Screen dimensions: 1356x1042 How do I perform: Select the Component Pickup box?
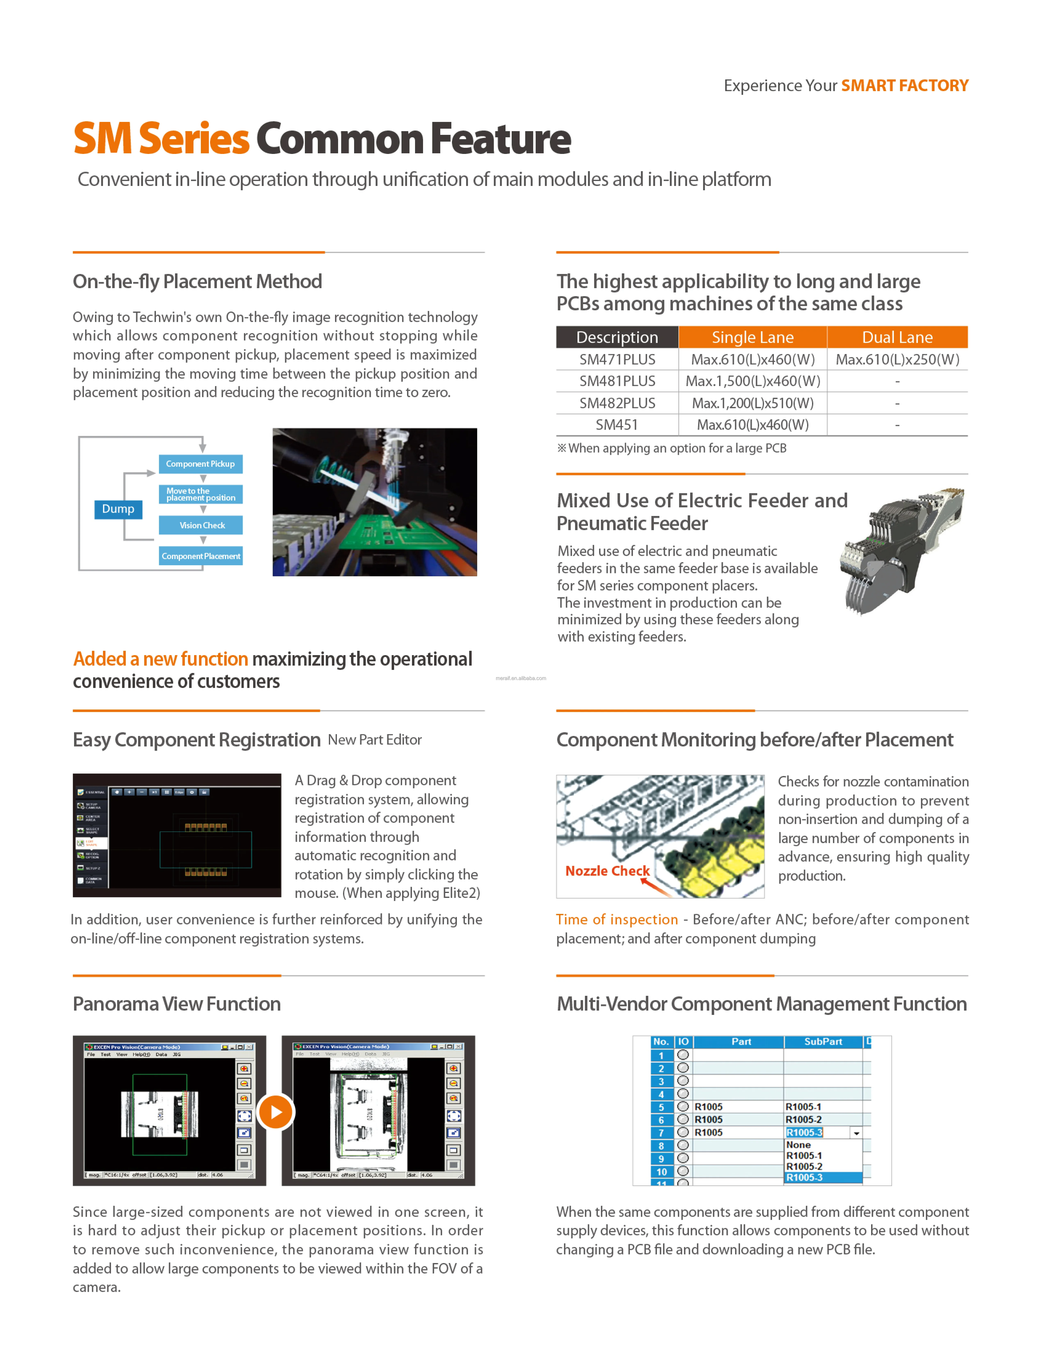coord(200,464)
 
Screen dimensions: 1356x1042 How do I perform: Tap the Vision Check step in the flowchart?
coord(202,525)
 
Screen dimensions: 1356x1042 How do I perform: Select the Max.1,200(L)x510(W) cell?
coord(752,403)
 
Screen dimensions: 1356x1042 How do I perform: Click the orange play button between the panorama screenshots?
coord(275,1112)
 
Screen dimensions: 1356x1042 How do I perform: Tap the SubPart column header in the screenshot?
coord(823,1042)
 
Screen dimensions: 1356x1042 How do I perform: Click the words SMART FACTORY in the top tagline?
coord(904,86)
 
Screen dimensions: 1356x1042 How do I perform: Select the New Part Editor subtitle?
coord(375,740)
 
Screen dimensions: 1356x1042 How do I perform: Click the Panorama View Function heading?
coord(177,1004)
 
